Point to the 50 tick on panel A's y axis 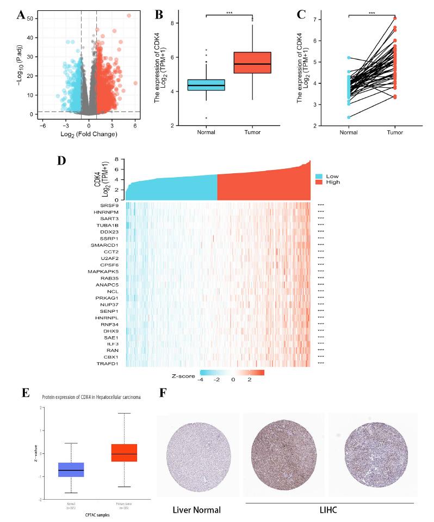20,19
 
